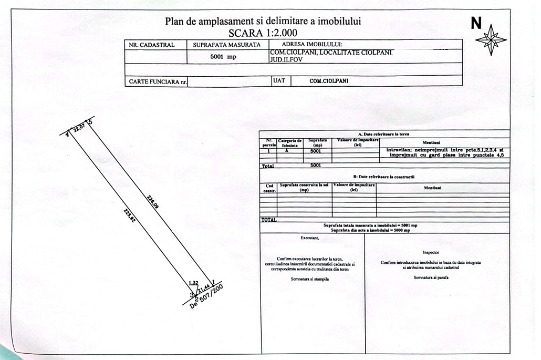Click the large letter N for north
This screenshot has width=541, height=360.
(476, 23)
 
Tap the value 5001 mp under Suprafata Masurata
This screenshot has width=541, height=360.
(224, 57)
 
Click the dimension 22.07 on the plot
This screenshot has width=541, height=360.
(78, 128)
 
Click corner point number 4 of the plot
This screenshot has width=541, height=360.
(67, 135)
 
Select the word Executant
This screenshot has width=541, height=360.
(310, 238)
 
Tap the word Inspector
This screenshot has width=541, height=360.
(431, 253)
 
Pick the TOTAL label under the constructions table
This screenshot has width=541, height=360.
(269, 220)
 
